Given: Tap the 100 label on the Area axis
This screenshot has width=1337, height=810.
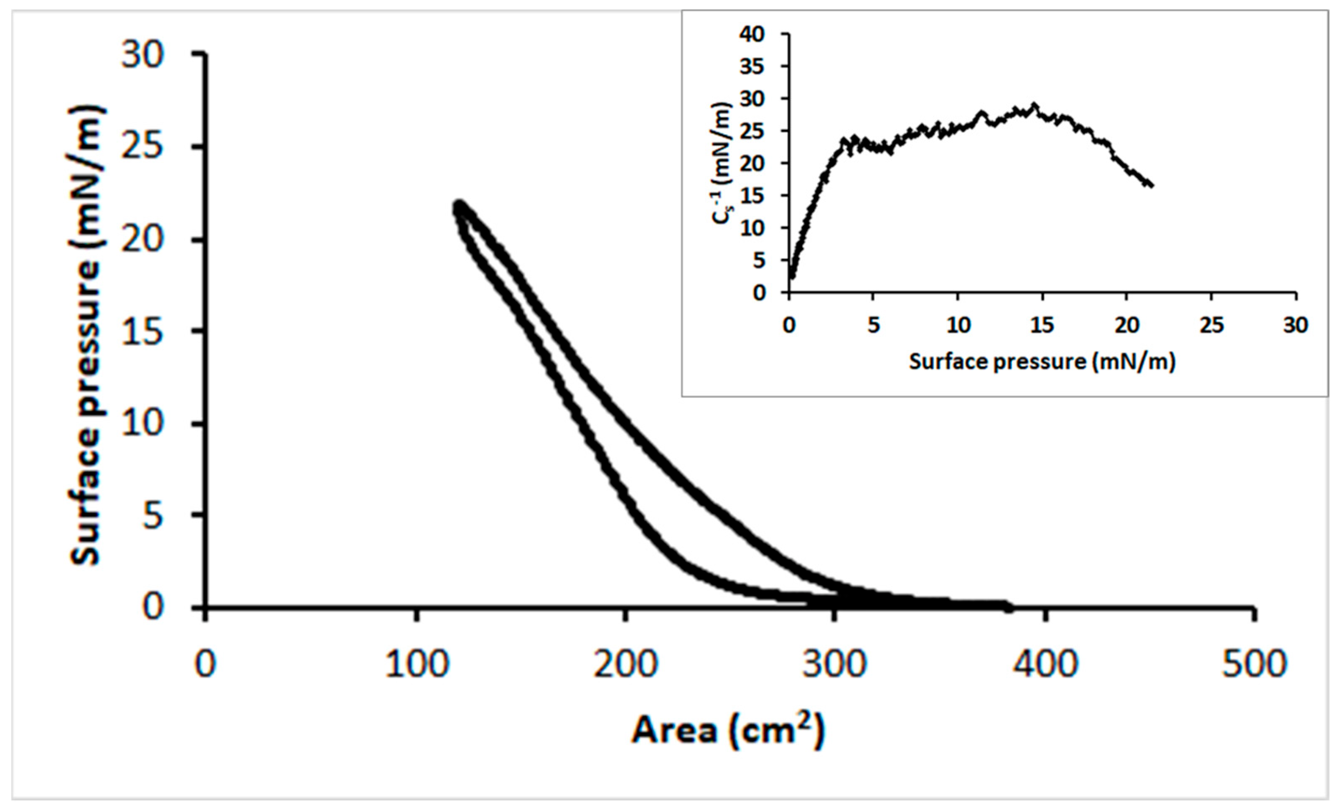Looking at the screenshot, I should pos(417,663).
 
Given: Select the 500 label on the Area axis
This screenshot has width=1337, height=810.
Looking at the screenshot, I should pos(1254,663).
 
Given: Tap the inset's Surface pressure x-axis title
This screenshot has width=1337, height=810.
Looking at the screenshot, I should pos(1042,362).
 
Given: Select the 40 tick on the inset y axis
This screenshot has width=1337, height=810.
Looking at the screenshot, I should pos(752,34).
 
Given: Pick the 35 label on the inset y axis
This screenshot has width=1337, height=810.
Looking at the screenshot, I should pos(752,67).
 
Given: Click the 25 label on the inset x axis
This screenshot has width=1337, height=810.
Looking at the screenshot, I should pos(1212,325).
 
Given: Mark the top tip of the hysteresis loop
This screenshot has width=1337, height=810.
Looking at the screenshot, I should pos(460,205).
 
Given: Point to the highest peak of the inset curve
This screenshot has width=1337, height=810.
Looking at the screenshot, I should pos(1034,105).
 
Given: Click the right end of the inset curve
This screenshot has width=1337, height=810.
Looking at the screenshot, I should pos(1151,186).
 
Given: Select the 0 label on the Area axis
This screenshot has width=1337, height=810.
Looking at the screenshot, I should pos(205,663).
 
